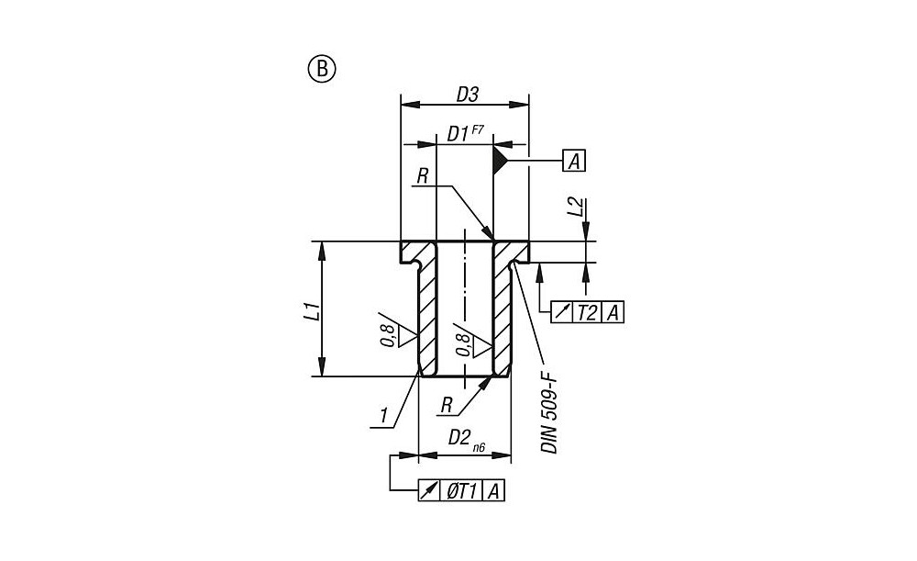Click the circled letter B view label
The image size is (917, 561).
click(x=322, y=68)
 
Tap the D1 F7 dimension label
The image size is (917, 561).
click(x=465, y=134)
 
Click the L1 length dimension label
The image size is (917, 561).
click(x=313, y=309)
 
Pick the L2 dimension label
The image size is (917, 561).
click(x=575, y=207)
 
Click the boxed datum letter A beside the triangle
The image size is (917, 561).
click(x=574, y=162)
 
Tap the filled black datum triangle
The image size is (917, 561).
click(x=500, y=162)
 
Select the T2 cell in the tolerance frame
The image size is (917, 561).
click(x=587, y=313)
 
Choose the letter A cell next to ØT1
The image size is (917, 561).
click(x=494, y=491)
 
